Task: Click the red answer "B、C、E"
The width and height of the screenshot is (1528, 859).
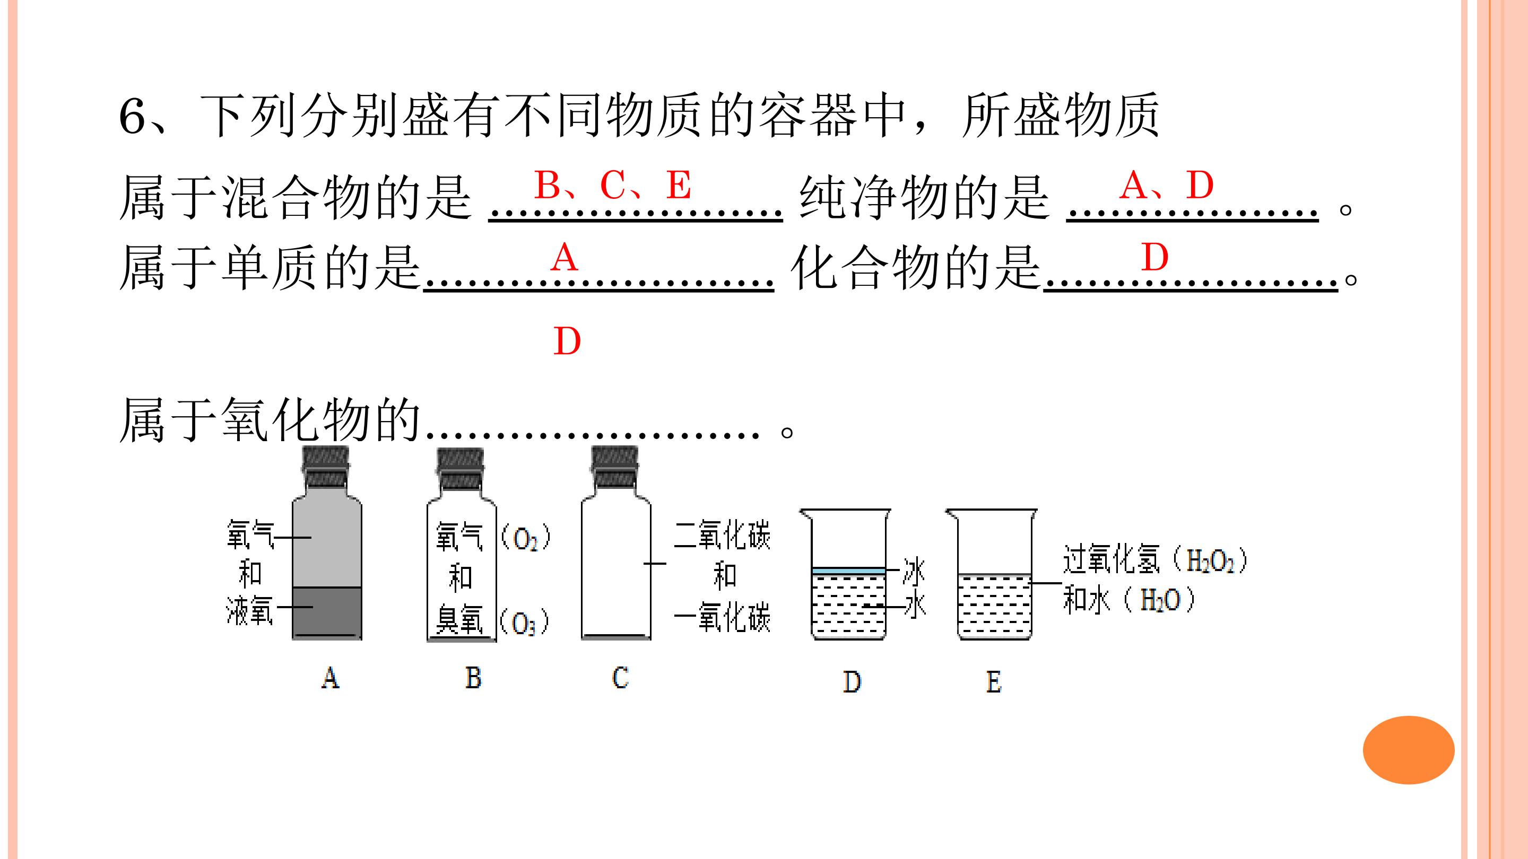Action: tap(613, 185)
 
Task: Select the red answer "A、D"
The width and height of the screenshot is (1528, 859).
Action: tap(1167, 185)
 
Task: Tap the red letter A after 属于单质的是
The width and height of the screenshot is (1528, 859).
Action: tap(563, 258)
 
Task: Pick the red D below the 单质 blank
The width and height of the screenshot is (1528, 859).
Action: tap(567, 341)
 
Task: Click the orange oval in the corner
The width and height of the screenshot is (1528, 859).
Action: tap(1409, 750)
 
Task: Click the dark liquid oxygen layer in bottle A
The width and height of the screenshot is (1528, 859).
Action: tap(327, 613)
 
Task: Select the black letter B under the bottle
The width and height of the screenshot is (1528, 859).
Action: tap(473, 678)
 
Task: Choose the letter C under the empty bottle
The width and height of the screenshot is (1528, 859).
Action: tap(620, 678)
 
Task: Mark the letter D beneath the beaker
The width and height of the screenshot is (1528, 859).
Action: tap(852, 682)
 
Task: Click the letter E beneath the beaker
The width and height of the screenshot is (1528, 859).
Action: tap(994, 682)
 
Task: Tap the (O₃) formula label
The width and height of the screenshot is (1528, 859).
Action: tap(524, 623)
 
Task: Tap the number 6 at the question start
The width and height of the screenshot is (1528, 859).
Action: tap(132, 116)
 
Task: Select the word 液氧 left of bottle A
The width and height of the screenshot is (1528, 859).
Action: tap(249, 611)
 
